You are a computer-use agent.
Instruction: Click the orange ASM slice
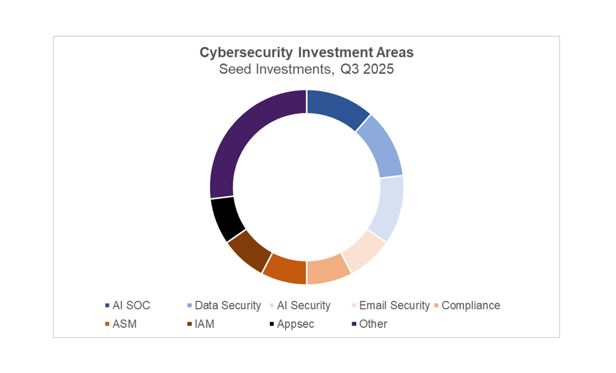tap(285, 269)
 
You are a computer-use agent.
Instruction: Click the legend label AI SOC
tap(131, 306)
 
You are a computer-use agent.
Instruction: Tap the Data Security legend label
tap(227, 306)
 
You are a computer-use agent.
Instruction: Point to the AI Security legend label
tap(304, 306)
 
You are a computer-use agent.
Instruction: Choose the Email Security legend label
tap(395, 306)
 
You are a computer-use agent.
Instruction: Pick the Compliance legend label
tap(471, 306)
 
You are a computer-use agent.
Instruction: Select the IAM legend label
tap(205, 324)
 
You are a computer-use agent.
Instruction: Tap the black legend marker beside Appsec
tap(272, 324)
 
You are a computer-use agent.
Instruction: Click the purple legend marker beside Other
tap(354, 324)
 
